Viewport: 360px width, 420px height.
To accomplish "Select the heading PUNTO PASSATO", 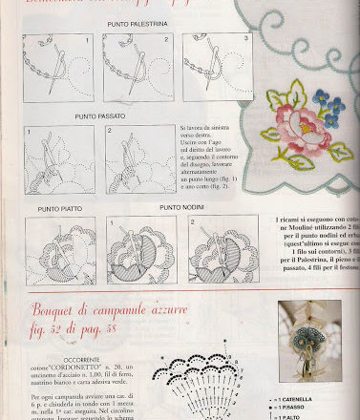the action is (97, 116).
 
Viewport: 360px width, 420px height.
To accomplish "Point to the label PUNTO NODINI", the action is (180, 206).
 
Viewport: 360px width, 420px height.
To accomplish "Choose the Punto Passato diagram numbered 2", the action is (139, 159).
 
